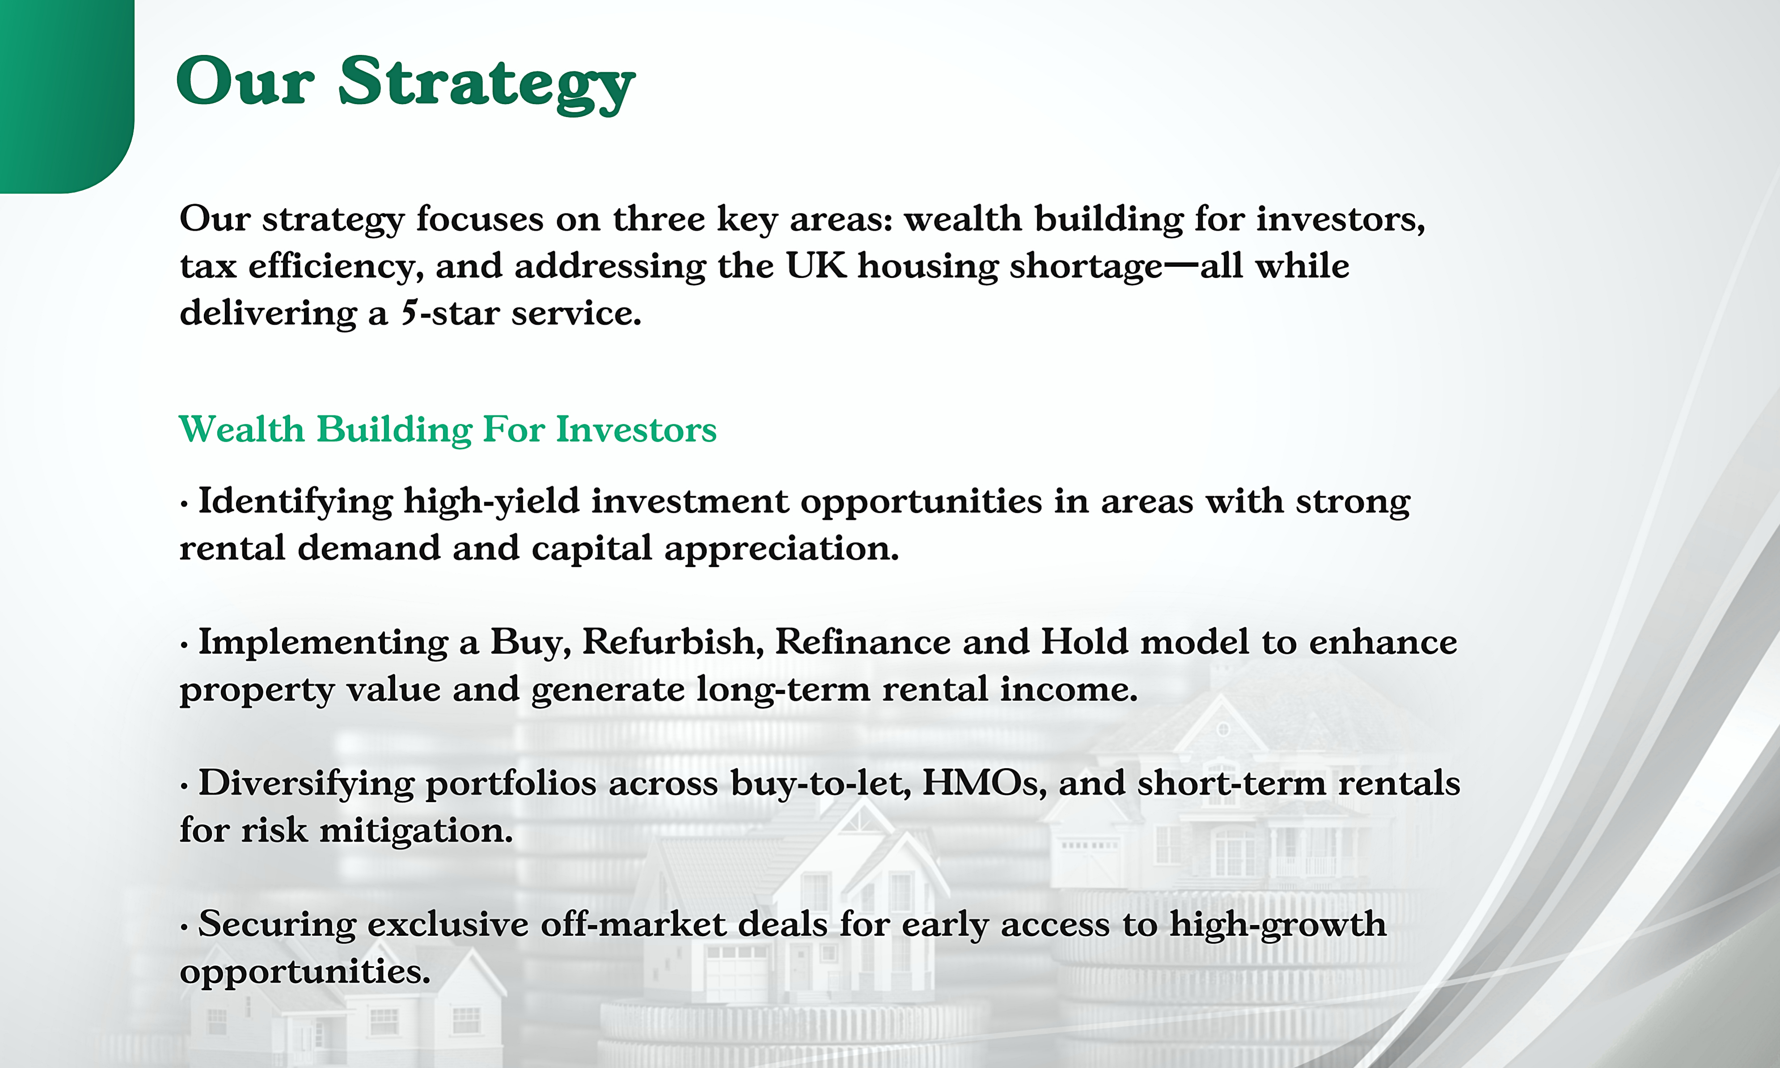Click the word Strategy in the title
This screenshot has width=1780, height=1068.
(486, 84)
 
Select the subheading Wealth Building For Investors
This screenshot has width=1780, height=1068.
(447, 430)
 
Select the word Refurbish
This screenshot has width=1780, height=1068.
(672, 642)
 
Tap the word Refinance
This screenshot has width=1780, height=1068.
(863, 642)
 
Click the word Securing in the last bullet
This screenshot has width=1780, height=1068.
(276, 925)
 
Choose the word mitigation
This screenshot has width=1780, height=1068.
(415, 831)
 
